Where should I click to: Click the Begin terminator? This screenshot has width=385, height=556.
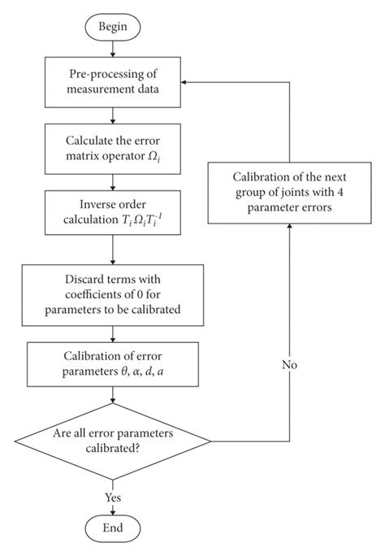pos(114,27)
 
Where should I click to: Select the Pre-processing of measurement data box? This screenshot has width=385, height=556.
pos(114,82)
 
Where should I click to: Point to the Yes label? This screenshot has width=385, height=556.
pos(113,495)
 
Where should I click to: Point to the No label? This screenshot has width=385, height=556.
pos(290,365)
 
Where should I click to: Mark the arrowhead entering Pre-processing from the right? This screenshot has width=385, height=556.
pos(186,83)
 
